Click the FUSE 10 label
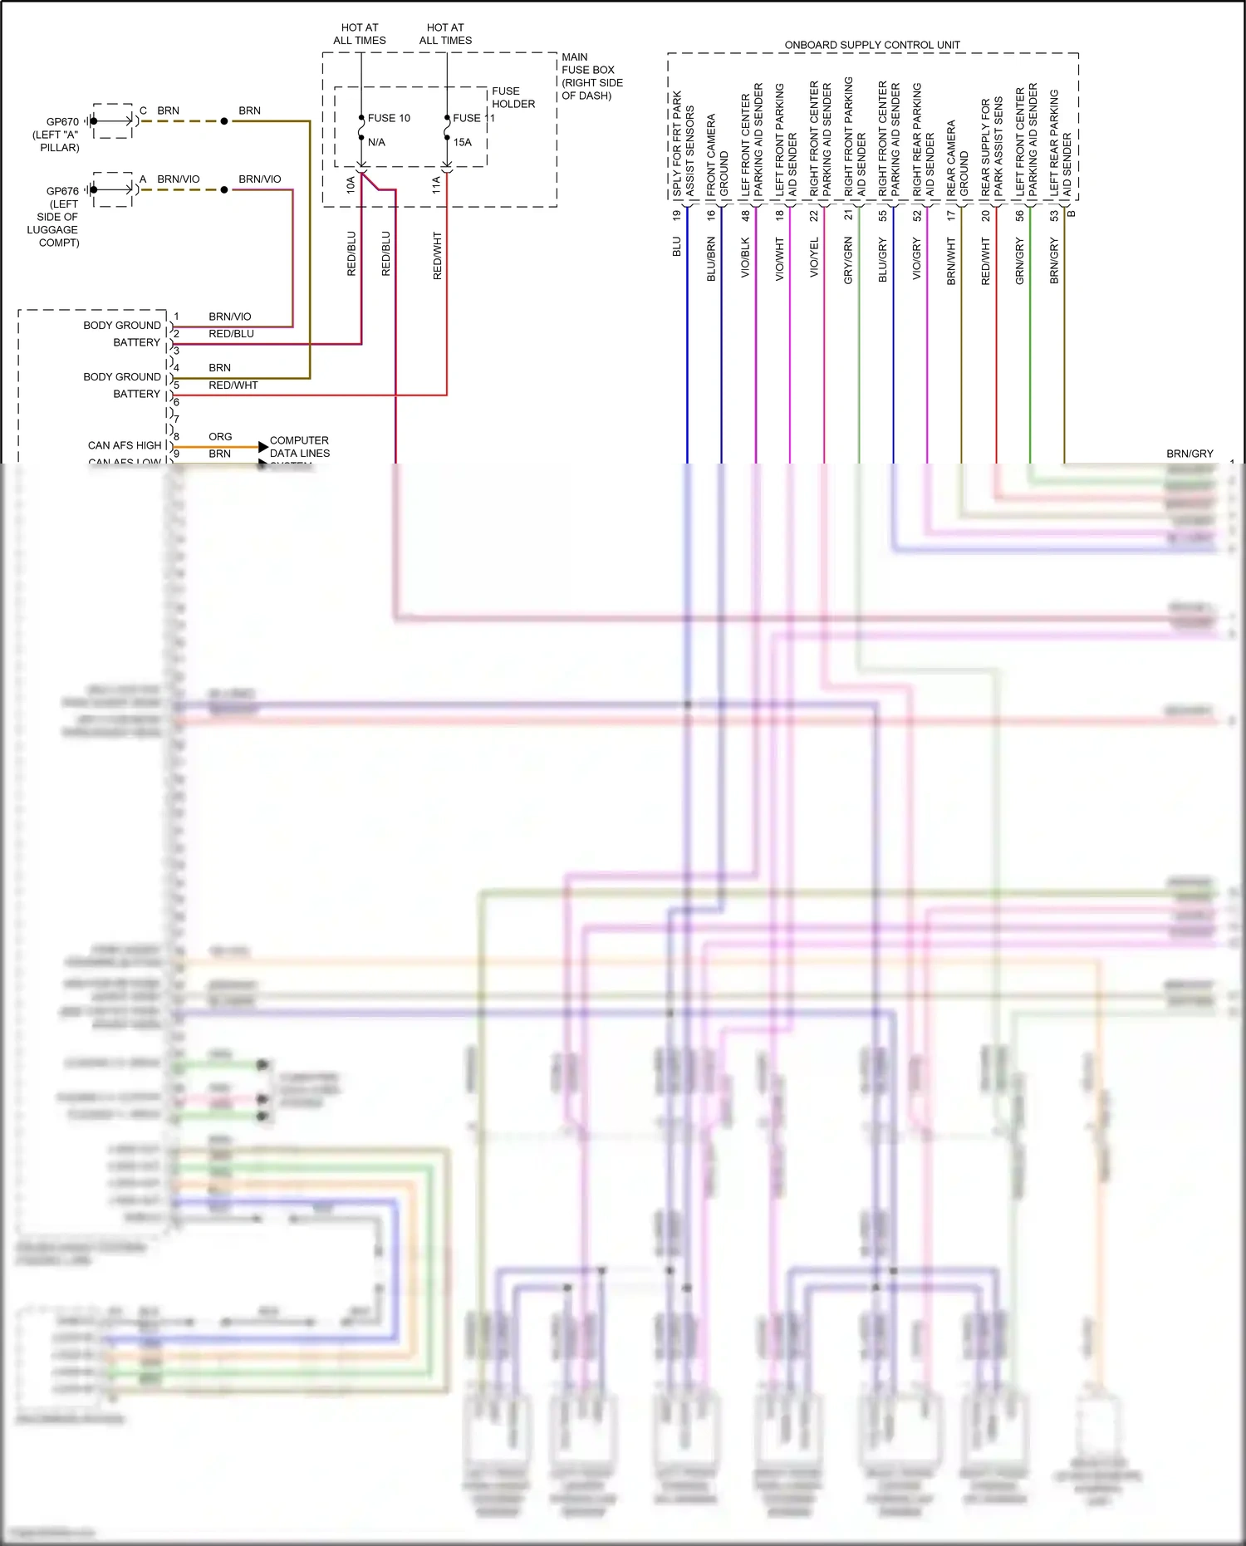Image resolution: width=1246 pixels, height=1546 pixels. (x=389, y=118)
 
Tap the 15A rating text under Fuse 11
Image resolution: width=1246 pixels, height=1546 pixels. (x=462, y=142)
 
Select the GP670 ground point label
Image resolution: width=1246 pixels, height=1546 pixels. (x=62, y=121)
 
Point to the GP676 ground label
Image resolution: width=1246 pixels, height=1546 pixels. (x=62, y=191)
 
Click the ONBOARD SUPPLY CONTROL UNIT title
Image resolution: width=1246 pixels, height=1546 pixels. (x=872, y=45)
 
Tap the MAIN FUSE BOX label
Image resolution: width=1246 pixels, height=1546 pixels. (x=588, y=64)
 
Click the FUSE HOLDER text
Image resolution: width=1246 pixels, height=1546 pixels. (x=513, y=97)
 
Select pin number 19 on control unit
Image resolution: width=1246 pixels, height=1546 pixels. (x=677, y=215)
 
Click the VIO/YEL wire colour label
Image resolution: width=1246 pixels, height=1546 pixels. (x=814, y=257)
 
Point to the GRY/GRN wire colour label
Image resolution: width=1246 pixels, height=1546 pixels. (x=848, y=260)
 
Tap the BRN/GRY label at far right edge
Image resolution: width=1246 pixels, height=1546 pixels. (x=1190, y=454)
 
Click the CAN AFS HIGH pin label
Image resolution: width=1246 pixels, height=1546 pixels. (x=125, y=445)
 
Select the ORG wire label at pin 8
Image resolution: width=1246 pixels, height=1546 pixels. (x=220, y=436)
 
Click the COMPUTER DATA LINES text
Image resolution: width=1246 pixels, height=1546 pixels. (x=299, y=446)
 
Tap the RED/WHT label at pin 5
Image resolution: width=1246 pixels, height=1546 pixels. (x=233, y=385)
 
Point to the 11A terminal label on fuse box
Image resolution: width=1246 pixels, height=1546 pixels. (x=436, y=184)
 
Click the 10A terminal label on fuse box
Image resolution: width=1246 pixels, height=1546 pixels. (x=351, y=184)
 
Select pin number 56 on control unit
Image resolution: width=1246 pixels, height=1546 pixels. (x=1019, y=215)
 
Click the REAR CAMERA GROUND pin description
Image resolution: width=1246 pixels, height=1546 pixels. (x=957, y=158)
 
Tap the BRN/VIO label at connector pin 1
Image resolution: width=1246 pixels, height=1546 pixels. (x=230, y=317)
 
